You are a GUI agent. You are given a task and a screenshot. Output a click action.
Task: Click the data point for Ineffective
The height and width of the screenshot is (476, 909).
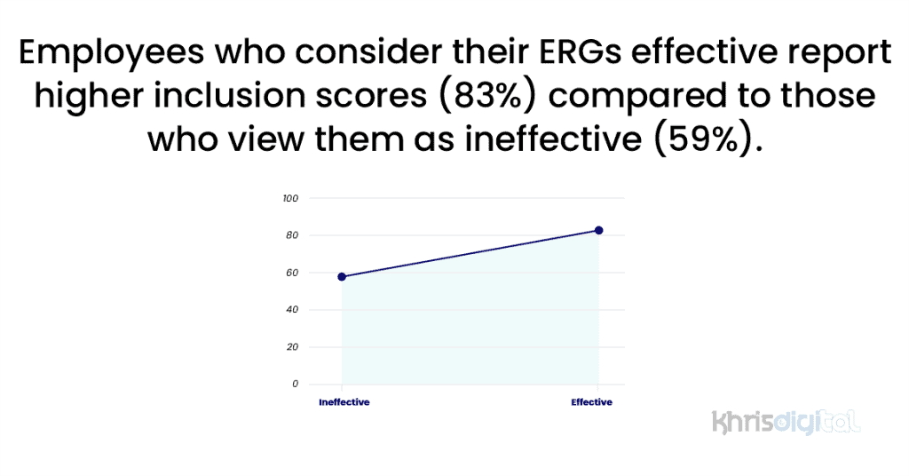343,276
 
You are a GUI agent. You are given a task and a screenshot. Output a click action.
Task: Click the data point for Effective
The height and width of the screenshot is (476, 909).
599,231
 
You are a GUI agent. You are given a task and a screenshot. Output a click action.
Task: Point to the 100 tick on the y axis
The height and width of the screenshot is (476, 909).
290,198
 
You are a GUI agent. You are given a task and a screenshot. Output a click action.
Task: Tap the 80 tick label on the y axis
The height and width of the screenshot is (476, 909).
290,235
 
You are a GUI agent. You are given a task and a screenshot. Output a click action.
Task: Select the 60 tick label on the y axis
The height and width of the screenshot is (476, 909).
290,273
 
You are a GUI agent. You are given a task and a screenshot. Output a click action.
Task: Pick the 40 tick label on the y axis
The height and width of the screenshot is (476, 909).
290,310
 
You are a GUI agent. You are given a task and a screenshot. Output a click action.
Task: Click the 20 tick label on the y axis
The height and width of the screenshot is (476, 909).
290,347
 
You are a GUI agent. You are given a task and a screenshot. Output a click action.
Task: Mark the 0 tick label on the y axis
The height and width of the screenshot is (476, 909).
295,385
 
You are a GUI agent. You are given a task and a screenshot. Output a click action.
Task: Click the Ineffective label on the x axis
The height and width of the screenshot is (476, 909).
344,402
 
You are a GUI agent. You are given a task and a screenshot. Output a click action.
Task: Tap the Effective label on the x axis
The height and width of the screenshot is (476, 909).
591,402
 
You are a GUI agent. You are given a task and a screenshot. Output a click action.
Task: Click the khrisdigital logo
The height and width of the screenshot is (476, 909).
786,421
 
